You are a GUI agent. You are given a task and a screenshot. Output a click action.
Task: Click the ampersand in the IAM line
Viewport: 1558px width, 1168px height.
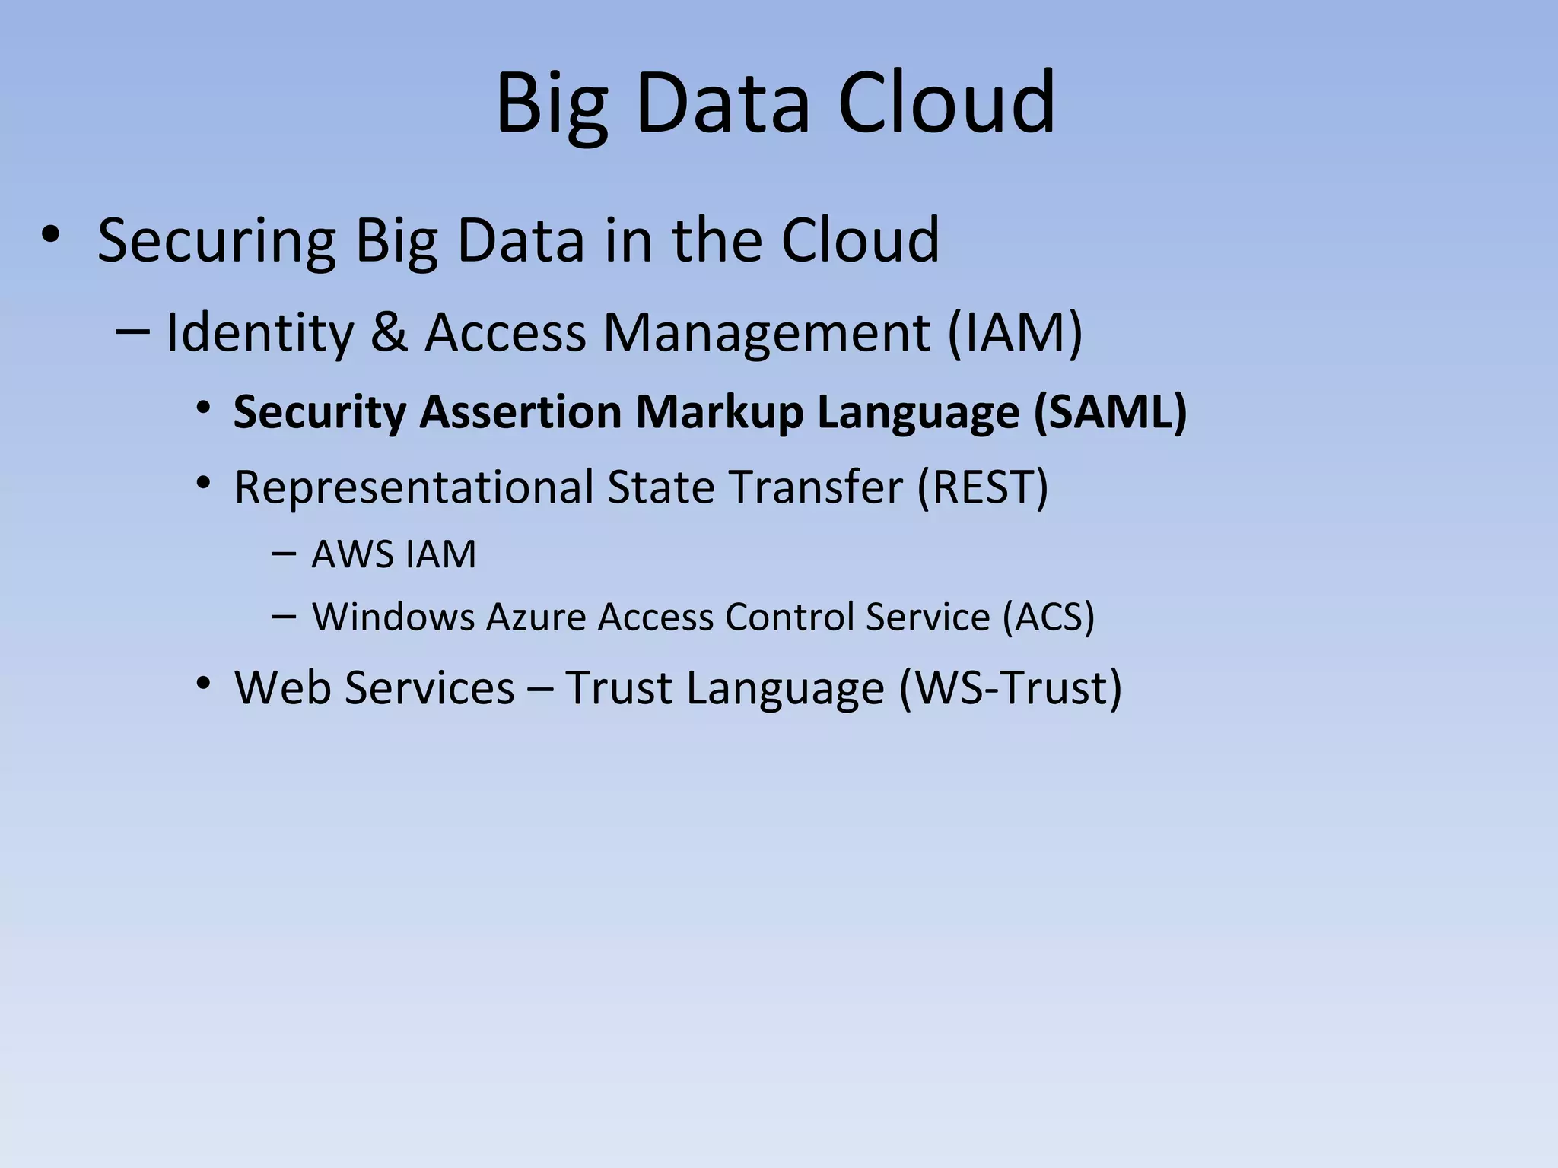click(x=389, y=332)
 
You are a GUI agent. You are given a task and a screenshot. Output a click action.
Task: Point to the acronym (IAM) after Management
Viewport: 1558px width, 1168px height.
click(x=1015, y=332)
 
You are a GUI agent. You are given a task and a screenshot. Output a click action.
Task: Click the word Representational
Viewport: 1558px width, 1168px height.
click(x=414, y=487)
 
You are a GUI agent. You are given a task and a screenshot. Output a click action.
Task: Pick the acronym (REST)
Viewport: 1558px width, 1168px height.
click(x=983, y=487)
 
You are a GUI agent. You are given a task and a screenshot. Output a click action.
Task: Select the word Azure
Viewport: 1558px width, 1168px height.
click(x=536, y=616)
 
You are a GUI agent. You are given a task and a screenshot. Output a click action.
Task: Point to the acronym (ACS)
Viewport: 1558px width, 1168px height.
click(x=1048, y=616)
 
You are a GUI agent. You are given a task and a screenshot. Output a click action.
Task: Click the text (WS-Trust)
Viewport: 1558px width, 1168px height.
click(x=1010, y=687)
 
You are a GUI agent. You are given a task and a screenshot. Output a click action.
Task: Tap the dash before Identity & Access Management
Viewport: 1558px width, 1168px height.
click(x=132, y=331)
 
